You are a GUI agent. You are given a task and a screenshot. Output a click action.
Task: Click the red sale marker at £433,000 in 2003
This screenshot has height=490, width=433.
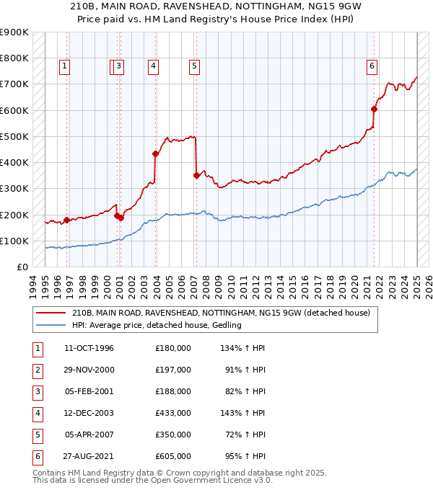tap(155, 153)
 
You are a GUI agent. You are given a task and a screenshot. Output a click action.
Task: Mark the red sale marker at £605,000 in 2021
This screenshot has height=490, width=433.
tap(375, 109)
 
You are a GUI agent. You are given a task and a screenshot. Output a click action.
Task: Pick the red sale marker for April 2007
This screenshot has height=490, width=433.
tap(196, 175)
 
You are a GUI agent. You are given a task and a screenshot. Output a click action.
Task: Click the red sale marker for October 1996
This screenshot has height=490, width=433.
tap(66, 220)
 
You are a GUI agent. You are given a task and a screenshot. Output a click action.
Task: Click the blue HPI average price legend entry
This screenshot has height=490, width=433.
tap(156, 325)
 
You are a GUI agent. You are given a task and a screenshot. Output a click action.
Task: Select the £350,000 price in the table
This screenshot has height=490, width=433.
tap(173, 435)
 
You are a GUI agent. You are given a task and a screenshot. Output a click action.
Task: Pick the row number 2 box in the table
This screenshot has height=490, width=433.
tap(36, 370)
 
